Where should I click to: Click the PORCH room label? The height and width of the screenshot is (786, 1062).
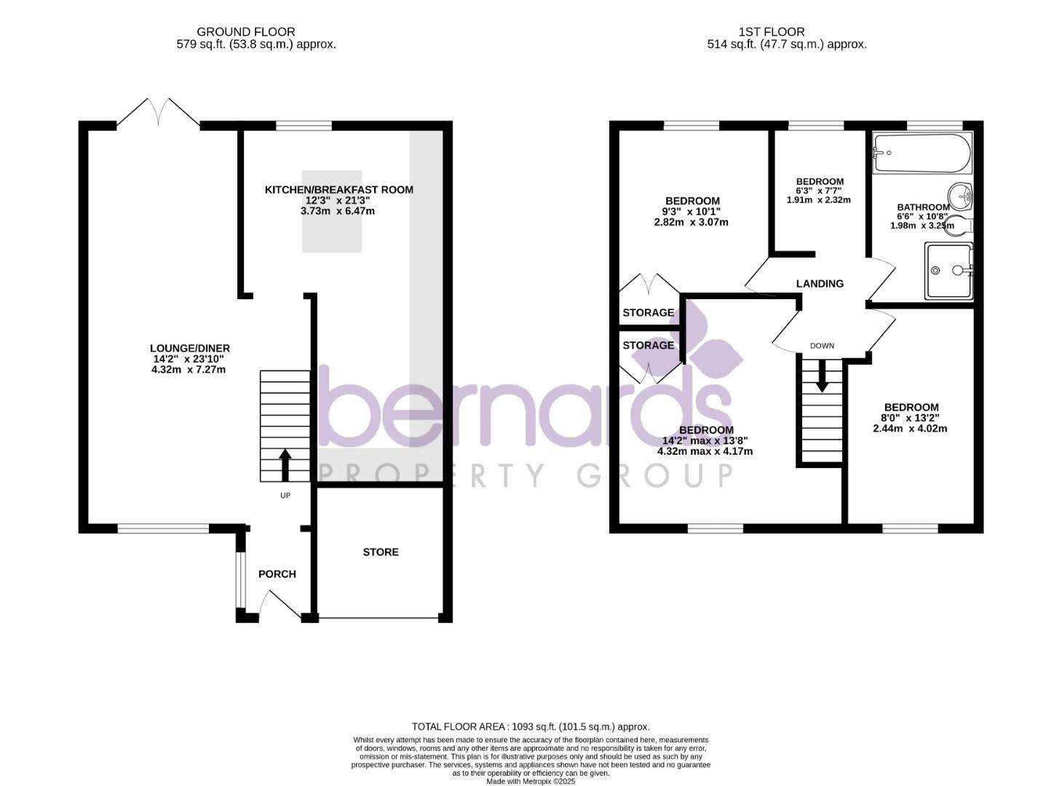point(277,574)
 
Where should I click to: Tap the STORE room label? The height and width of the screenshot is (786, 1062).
point(381,552)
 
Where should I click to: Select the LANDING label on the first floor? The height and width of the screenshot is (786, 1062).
point(820,284)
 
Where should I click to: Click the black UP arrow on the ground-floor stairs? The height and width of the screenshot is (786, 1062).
point(285,464)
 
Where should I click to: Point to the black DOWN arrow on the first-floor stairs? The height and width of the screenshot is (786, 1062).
point(821,376)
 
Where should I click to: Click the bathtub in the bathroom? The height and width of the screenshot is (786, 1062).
point(922,153)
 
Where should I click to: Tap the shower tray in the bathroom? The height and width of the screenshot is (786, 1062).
point(948,271)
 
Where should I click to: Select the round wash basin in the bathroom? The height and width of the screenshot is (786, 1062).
point(961,196)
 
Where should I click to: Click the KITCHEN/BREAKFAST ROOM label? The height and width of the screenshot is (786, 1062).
point(338,190)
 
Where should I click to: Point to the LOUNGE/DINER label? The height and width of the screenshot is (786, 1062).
point(190,349)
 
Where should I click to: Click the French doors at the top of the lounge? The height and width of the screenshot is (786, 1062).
point(159,114)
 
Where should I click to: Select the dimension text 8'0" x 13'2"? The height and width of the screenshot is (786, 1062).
point(910,418)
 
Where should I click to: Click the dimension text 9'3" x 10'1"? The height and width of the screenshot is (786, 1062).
point(692,212)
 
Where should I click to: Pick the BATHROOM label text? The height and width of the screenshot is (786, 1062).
point(923,207)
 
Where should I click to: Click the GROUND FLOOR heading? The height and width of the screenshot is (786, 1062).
point(246,32)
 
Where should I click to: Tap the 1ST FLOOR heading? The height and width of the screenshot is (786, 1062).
point(771,32)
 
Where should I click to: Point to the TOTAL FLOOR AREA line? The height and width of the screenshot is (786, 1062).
point(531,726)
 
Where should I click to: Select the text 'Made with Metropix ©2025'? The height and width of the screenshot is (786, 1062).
point(531,781)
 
